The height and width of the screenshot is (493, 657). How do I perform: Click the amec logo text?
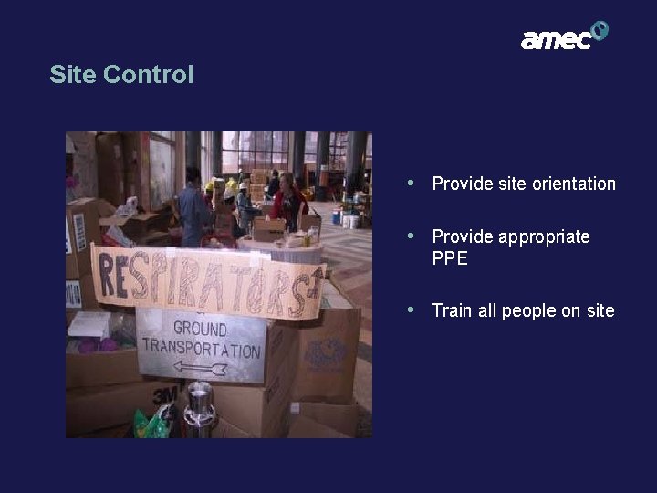(x=556, y=39)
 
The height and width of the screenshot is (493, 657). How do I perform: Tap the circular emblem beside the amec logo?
(x=600, y=31)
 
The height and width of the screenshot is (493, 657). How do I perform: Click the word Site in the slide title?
(x=69, y=74)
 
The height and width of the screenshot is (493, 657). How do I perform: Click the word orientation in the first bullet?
(x=569, y=184)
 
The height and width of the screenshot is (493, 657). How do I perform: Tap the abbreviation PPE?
(x=450, y=258)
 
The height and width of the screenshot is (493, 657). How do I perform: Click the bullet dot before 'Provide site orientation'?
(x=412, y=183)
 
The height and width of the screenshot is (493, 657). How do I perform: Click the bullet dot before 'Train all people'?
(x=412, y=309)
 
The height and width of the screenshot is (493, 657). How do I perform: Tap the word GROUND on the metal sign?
(x=201, y=329)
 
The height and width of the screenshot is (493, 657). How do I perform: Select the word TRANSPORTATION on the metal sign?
(x=202, y=348)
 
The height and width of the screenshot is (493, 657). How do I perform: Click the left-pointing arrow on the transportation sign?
(x=200, y=369)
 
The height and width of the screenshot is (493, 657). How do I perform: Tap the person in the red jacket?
(x=289, y=202)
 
